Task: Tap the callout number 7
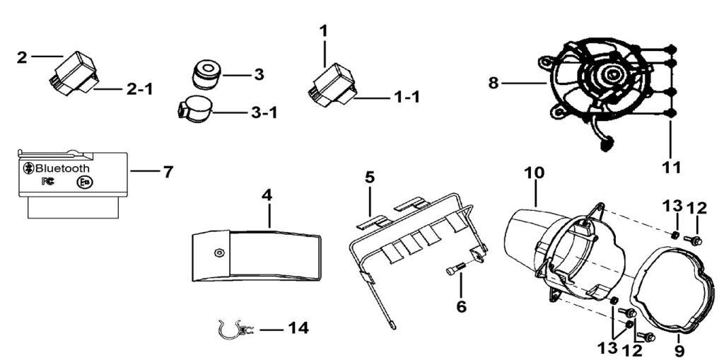[x=168, y=171]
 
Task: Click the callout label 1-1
[x=405, y=98]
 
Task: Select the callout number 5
[x=369, y=176]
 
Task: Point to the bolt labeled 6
[x=455, y=270]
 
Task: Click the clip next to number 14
[x=233, y=330]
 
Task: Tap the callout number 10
[x=535, y=173]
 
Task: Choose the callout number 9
[x=679, y=349]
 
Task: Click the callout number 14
[x=298, y=328]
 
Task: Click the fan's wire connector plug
[x=605, y=146]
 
